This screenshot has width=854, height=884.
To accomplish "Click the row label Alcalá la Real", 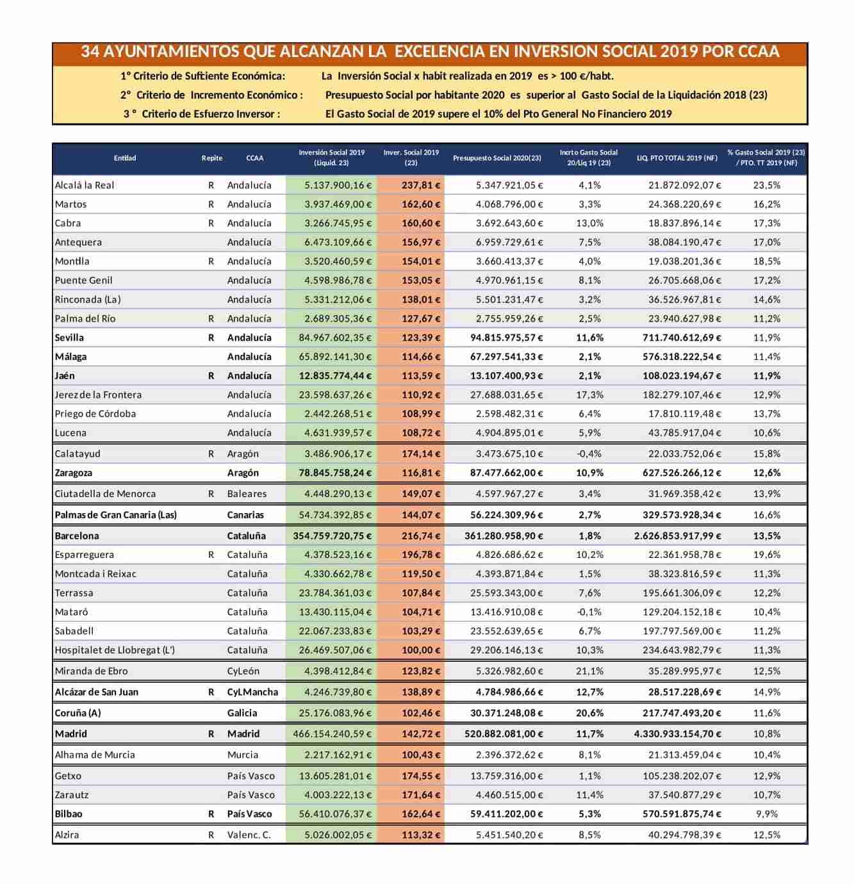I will [85, 185].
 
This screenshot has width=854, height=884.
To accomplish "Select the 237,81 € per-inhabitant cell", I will [421, 185].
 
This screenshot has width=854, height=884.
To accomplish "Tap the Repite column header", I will [212, 158].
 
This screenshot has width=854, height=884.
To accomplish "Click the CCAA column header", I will [254, 158].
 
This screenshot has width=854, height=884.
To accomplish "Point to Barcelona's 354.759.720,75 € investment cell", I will [332, 536].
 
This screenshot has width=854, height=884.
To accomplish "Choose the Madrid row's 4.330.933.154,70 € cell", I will [677, 734].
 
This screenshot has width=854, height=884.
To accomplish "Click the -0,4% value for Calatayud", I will [589, 454].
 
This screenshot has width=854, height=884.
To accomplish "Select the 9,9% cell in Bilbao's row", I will [766, 814].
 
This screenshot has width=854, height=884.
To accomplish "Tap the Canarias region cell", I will [245, 515].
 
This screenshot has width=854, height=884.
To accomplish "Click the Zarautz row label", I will [72, 795].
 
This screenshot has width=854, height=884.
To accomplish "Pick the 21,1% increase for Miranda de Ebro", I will [590, 671].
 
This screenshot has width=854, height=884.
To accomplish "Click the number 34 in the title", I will [90, 52].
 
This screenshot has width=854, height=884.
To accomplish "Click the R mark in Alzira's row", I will [211, 835].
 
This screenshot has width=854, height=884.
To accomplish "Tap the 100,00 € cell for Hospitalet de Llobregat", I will [421, 650].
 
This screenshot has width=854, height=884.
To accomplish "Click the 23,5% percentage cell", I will [766, 185].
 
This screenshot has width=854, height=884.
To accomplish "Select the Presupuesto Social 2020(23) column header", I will [497, 158].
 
